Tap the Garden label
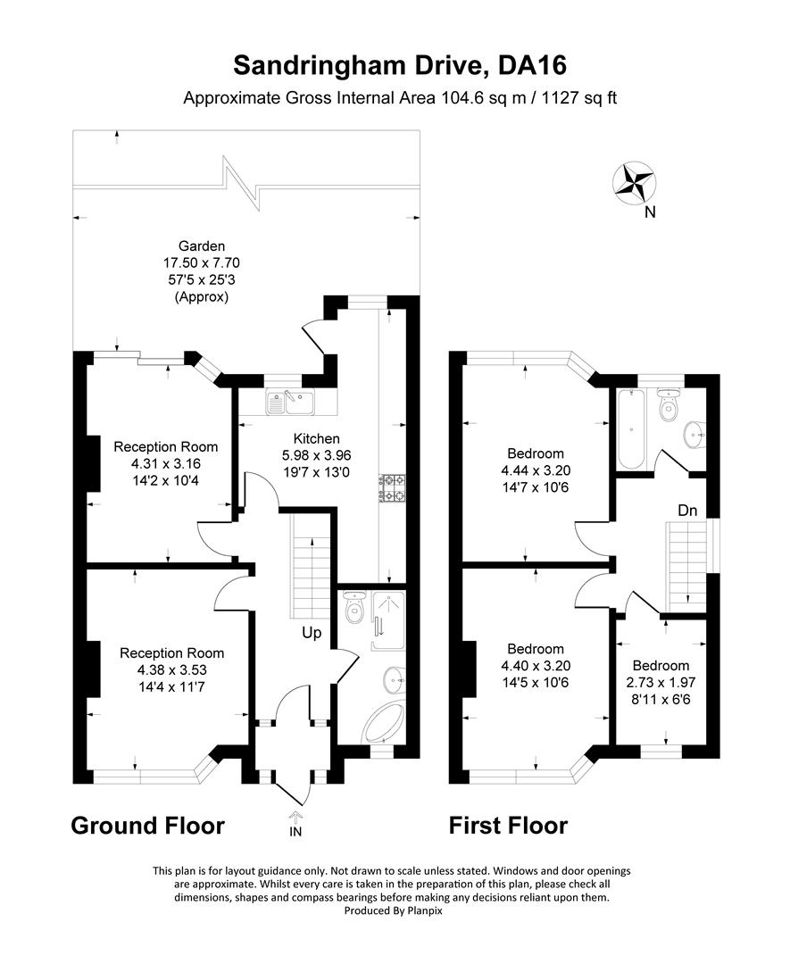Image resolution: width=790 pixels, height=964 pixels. point(201,246)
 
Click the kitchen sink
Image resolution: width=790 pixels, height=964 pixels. point(288,403)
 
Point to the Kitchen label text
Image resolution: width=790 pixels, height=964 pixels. point(317,438)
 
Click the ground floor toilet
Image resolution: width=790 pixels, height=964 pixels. point(354,611)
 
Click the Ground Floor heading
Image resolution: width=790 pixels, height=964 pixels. point(147,826)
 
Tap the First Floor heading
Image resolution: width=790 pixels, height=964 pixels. point(507,826)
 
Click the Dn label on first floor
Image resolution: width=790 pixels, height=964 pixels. point(686,511)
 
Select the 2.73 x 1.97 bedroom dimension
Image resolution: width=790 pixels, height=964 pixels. point(661,683)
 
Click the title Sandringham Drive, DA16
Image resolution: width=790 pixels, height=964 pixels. point(400,65)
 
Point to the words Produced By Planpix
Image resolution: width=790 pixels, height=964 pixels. point(393,910)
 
